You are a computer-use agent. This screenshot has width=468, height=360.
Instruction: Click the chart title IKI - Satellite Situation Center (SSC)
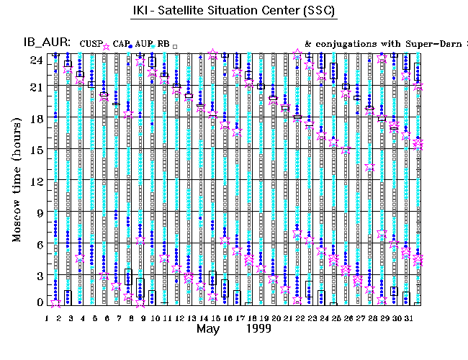click(234, 12)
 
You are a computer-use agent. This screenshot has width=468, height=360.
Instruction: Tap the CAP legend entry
click(122, 45)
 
